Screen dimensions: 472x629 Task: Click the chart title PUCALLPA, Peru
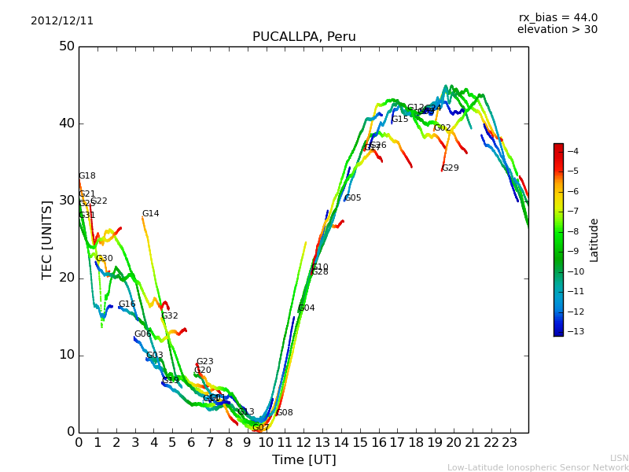pos(303,37)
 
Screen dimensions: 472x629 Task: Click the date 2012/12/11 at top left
pos(62,20)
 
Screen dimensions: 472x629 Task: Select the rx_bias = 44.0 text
pos(557,17)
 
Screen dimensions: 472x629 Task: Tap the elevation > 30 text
pos(557,30)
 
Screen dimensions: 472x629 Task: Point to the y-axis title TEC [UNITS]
pos(47,239)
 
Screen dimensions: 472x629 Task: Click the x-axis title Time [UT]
pos(303,459)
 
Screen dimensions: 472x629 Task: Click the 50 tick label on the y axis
pos(67,46)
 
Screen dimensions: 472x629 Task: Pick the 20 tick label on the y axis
pos(67,278)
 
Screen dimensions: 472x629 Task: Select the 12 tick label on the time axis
pos(303,442)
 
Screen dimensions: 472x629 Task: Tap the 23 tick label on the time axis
pos(509,442)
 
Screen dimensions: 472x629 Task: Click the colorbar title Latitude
pos(594,240)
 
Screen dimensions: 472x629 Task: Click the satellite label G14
pos(150,214)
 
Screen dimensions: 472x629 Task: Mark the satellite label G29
pos(450,168)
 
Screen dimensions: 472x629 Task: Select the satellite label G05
pos(352,198)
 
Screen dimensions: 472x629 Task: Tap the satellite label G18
pos(86,176)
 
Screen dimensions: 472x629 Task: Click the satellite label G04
pos(306,308)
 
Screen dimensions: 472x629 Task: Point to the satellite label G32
pos(170,316)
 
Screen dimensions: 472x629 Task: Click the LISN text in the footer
pos(619,458)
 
